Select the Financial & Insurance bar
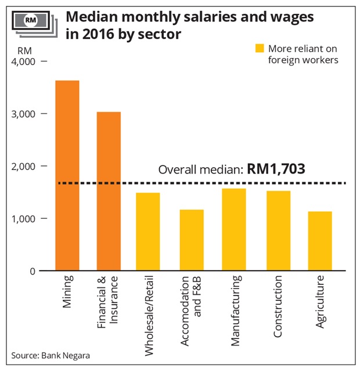108,191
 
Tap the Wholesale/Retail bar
147,232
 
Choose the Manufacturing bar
233,229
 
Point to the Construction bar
278,230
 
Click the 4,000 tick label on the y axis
23,62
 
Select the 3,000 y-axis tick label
23,114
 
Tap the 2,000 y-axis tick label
23,166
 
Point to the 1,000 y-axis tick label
23,218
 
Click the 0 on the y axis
33,271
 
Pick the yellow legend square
260,48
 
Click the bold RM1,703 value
276,170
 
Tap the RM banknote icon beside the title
33,21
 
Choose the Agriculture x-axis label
320,302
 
